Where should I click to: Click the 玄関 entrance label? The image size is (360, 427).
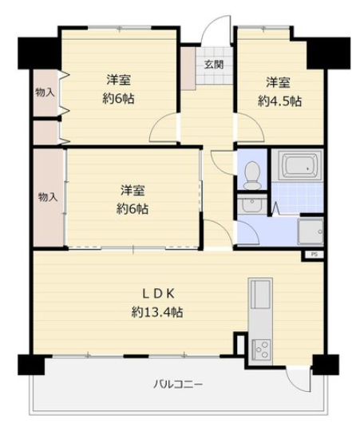pos(214,65)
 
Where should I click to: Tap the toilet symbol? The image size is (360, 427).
pos(252,175)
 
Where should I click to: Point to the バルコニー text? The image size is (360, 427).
pos(178,385)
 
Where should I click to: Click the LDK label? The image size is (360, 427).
pos(158,294)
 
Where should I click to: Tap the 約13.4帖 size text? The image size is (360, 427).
pos(157,312)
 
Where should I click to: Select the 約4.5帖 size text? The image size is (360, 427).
pos(279,101)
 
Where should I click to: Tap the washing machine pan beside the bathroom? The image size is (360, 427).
pos(311,231)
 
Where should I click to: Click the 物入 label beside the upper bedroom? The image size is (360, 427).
pos(45,93)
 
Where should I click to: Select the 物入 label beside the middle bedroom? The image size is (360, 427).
pos(48,196)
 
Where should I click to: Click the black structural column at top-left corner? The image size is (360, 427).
pos(38,53)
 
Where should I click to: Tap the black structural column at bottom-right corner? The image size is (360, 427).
pos(326,365)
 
